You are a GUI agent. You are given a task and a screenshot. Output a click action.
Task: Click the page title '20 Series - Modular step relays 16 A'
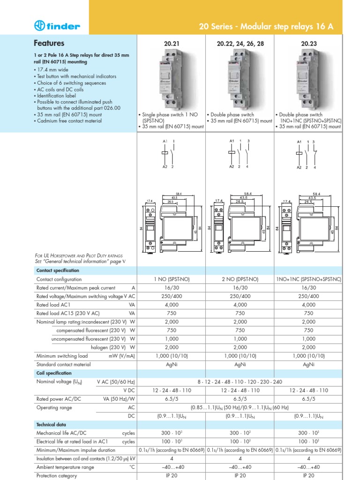point(266,27)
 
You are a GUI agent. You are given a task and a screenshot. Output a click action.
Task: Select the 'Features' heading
point(49,43)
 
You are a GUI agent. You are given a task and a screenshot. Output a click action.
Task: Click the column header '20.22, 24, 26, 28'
point(240,44)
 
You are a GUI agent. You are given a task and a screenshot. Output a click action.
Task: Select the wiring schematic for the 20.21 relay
point(169,153)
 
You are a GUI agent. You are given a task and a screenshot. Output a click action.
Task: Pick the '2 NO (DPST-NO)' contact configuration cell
point(240,279)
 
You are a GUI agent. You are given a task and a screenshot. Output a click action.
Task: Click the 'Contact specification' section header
point(58,270)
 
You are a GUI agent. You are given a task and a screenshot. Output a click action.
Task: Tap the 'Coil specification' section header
point(54,373)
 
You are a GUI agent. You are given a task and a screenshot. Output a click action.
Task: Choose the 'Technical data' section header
point(50,424)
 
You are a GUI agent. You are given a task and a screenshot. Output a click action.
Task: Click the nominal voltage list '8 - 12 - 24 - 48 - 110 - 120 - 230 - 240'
point(240,382)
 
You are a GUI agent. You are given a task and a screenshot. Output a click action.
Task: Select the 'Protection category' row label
point(57,476)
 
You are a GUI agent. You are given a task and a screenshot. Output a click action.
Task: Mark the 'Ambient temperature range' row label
point(65,467)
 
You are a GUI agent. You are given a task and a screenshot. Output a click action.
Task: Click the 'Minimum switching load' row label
point(62,356)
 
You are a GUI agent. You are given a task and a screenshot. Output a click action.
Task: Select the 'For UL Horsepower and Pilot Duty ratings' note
point(79,255)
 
